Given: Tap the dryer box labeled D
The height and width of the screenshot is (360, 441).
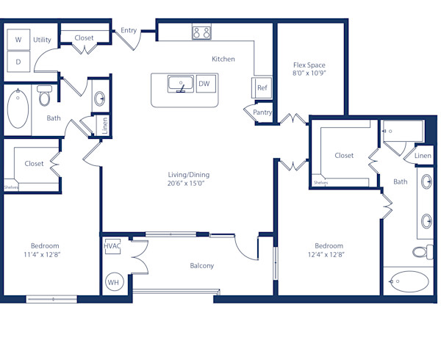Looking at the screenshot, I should tap(18, 62).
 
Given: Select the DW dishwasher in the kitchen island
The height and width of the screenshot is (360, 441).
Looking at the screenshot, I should tap(204, 84).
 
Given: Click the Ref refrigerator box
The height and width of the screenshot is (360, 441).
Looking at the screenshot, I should tap(262, 87).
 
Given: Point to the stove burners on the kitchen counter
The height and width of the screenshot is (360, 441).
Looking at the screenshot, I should tap(201, 32).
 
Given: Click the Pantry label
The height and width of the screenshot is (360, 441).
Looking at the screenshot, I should tap(262, 112).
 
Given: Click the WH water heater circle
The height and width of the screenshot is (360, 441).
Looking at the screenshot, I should tap(114, 282).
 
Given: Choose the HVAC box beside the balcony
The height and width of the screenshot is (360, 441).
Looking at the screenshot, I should tap(112, 247).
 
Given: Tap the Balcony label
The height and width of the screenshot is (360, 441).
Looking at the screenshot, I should tap(201, 265).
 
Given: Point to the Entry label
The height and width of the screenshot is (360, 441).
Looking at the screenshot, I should tap(129, 30).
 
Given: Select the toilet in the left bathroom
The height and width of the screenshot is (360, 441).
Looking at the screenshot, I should tap(45, 96).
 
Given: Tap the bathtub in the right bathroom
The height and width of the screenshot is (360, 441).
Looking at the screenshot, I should tap(409, 281).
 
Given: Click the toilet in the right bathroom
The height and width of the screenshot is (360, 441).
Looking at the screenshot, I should tap(420, 252).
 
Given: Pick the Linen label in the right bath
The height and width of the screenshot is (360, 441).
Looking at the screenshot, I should tap(422, 156).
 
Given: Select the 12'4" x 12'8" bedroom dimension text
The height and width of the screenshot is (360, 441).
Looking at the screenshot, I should tap(329, 255).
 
